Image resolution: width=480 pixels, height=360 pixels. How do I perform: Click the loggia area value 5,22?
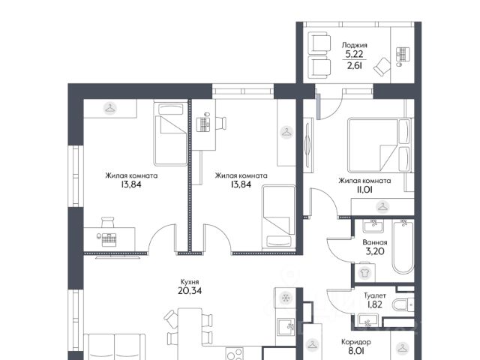click(354, 54)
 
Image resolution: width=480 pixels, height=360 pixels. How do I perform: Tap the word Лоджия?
click(354, 45)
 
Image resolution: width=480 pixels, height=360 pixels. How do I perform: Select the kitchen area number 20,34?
click(190, 290)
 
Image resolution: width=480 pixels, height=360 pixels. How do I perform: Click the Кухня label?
click(190, 282)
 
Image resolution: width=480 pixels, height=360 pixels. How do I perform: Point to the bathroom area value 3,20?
click(375, 251)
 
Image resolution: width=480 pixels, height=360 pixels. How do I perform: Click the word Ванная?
click(375, 242)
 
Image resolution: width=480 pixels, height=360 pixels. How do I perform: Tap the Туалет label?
click(375, 295)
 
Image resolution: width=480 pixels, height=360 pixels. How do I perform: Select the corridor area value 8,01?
click(356, 351)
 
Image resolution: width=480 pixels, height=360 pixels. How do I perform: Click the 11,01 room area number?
click(364, 190)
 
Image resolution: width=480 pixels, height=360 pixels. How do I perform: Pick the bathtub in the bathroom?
click(403, 247)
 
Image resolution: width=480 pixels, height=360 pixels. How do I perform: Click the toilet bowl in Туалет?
click(403, 305)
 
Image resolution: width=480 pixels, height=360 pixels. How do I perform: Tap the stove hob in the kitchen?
click(235, 353)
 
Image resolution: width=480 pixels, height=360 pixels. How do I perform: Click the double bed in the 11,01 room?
click(379, 145)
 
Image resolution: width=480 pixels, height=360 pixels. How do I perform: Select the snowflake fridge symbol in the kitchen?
click(286, 297)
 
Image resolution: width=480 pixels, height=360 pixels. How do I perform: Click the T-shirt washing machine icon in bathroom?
click(364, 272)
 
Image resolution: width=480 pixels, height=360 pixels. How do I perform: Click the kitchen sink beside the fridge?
click(286, 327)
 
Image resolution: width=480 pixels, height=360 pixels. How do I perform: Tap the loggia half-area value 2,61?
click(354, 65)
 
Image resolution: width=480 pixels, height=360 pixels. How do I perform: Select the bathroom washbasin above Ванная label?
click(373, 226)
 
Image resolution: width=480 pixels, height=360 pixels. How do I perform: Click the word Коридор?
click(356, 342)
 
